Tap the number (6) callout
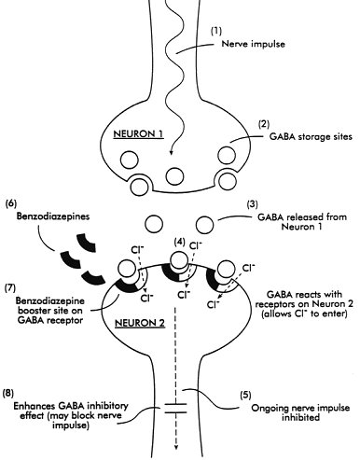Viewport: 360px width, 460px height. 12,203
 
